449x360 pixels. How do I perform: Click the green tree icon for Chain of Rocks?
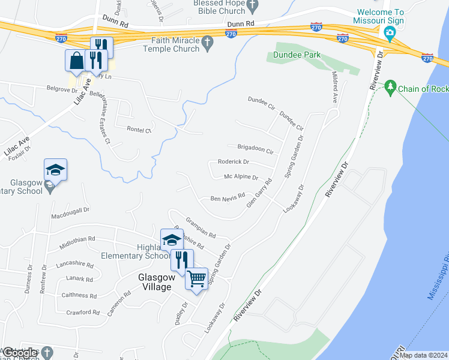(390, 88)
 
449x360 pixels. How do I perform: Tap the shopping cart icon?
(196, 279)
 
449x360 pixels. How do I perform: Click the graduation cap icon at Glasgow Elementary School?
(55, 170)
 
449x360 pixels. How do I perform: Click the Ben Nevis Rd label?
(228, 197)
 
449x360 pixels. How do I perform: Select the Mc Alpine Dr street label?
(241, 178)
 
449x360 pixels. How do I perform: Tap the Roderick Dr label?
(234, 162)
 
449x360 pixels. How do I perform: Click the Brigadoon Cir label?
(255, 148)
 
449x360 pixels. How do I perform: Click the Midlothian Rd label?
(77, 242)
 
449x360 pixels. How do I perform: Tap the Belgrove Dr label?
(62, 91)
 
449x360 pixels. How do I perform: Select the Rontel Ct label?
(140, 130)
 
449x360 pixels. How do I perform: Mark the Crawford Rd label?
(83, 313)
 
